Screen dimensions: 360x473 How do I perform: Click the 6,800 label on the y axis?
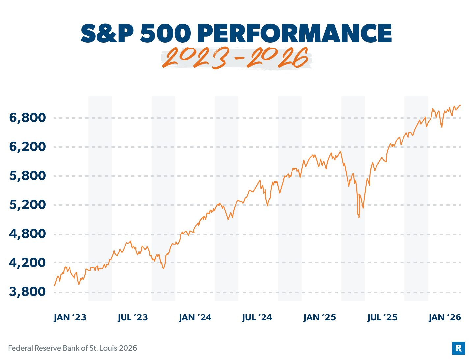click(27, 118)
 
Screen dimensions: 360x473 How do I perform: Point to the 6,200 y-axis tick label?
click(27, 147)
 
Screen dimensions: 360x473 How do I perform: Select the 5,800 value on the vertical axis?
click(27, 176)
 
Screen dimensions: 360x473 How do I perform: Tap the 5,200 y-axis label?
click(27, 205)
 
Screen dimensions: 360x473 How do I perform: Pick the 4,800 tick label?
click(27, 234)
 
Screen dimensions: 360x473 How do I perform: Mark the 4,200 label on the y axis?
click(27, 263)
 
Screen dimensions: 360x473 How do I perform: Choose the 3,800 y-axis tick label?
click(27, 292)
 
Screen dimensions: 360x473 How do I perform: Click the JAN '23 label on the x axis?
click(70, 317)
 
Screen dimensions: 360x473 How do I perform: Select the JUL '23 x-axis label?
click(132, 317)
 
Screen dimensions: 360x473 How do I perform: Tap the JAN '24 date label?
click(195, 317)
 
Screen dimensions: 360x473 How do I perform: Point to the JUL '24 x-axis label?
click(257, 317)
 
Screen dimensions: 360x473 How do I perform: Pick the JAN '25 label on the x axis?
click(320, 317)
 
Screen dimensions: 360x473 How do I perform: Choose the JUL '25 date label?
click(382, 317)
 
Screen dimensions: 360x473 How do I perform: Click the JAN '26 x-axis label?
click(445, 317)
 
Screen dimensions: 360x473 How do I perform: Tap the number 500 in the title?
click(165, 33)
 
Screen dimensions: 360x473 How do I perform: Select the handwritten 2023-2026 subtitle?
click(236, 59)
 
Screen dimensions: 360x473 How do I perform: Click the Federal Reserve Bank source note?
click(72, 348)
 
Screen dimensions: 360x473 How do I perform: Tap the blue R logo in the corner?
click(458, 348)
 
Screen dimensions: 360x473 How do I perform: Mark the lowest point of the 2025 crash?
click(359, 218)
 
